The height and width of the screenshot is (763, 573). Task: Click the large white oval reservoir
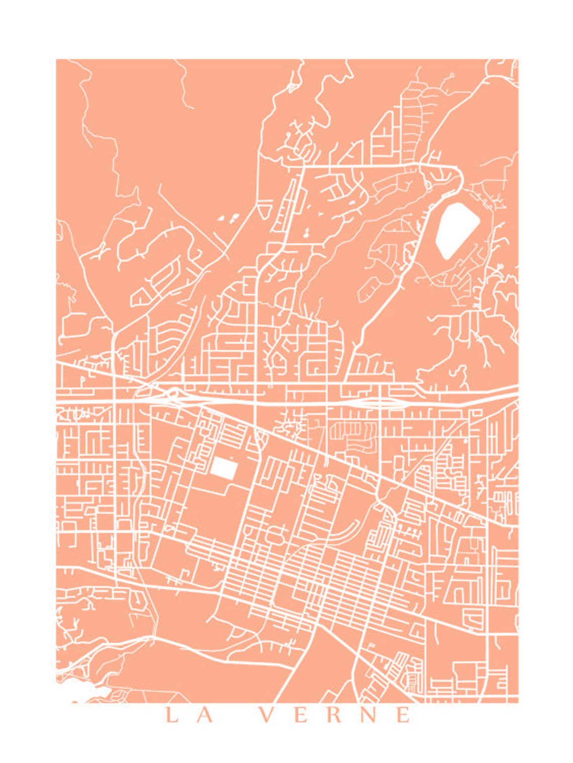pos(456,230)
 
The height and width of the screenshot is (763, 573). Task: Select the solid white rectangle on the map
pos(224,468)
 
